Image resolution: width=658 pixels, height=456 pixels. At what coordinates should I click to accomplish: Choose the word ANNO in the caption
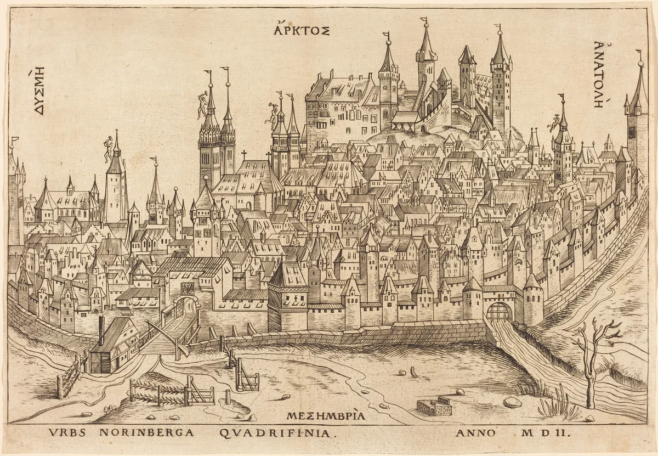click(x=475, y=433)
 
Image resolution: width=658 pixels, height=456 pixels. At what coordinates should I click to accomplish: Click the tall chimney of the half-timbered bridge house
click(x=101, y=329)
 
